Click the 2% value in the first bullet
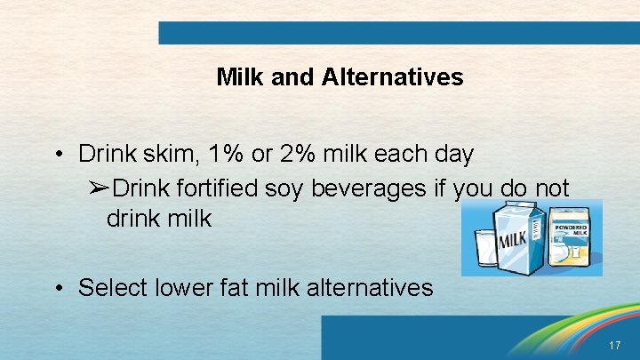click(x=315, y=154)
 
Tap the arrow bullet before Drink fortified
click(x=99, y=188)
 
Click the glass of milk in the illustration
click(x=486, y=249)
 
